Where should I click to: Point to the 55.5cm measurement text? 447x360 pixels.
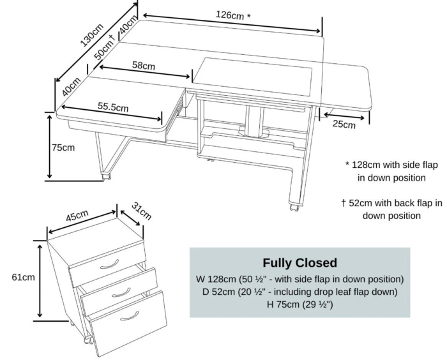(114, 107)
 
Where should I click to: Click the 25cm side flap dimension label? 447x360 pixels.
(344, 123)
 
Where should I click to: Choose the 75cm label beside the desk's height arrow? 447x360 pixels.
(63, 147)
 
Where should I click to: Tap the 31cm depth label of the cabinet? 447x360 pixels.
(141, 210)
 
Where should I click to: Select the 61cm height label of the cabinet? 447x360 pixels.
(23, 278)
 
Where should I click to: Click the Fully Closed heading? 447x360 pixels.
(299, 263)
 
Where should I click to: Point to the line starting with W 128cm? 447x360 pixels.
(299, 279)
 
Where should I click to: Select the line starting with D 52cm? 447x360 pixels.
(299, 292)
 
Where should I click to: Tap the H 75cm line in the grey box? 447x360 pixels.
(299, 304)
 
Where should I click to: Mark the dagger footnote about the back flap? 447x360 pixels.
(391, 209)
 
